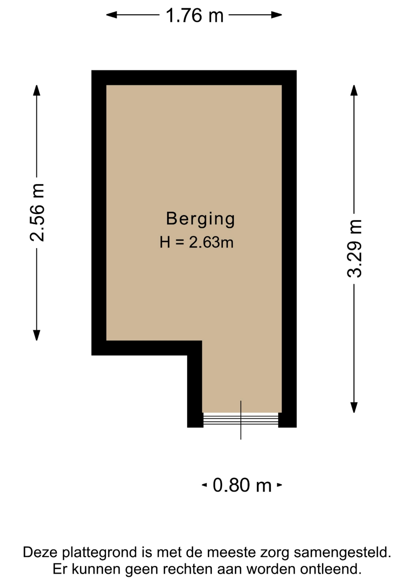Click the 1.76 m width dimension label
tap(195, 16)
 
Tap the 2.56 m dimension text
tap(37, 213)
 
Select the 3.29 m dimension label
tap(354, 248)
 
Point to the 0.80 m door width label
tap(242, 485)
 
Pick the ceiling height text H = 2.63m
tap(197, 243)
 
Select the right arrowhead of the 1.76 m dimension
tap(277, 15)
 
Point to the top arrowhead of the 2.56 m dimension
tap(37, 90)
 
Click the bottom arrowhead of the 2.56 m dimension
tap(37, 335)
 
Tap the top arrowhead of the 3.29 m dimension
tap(354, 90)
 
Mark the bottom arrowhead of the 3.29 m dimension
tap(354, 407)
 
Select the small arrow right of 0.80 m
tap(279, 485)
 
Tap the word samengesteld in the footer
tap(342, 552)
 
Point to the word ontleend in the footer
tap(331, 569)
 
